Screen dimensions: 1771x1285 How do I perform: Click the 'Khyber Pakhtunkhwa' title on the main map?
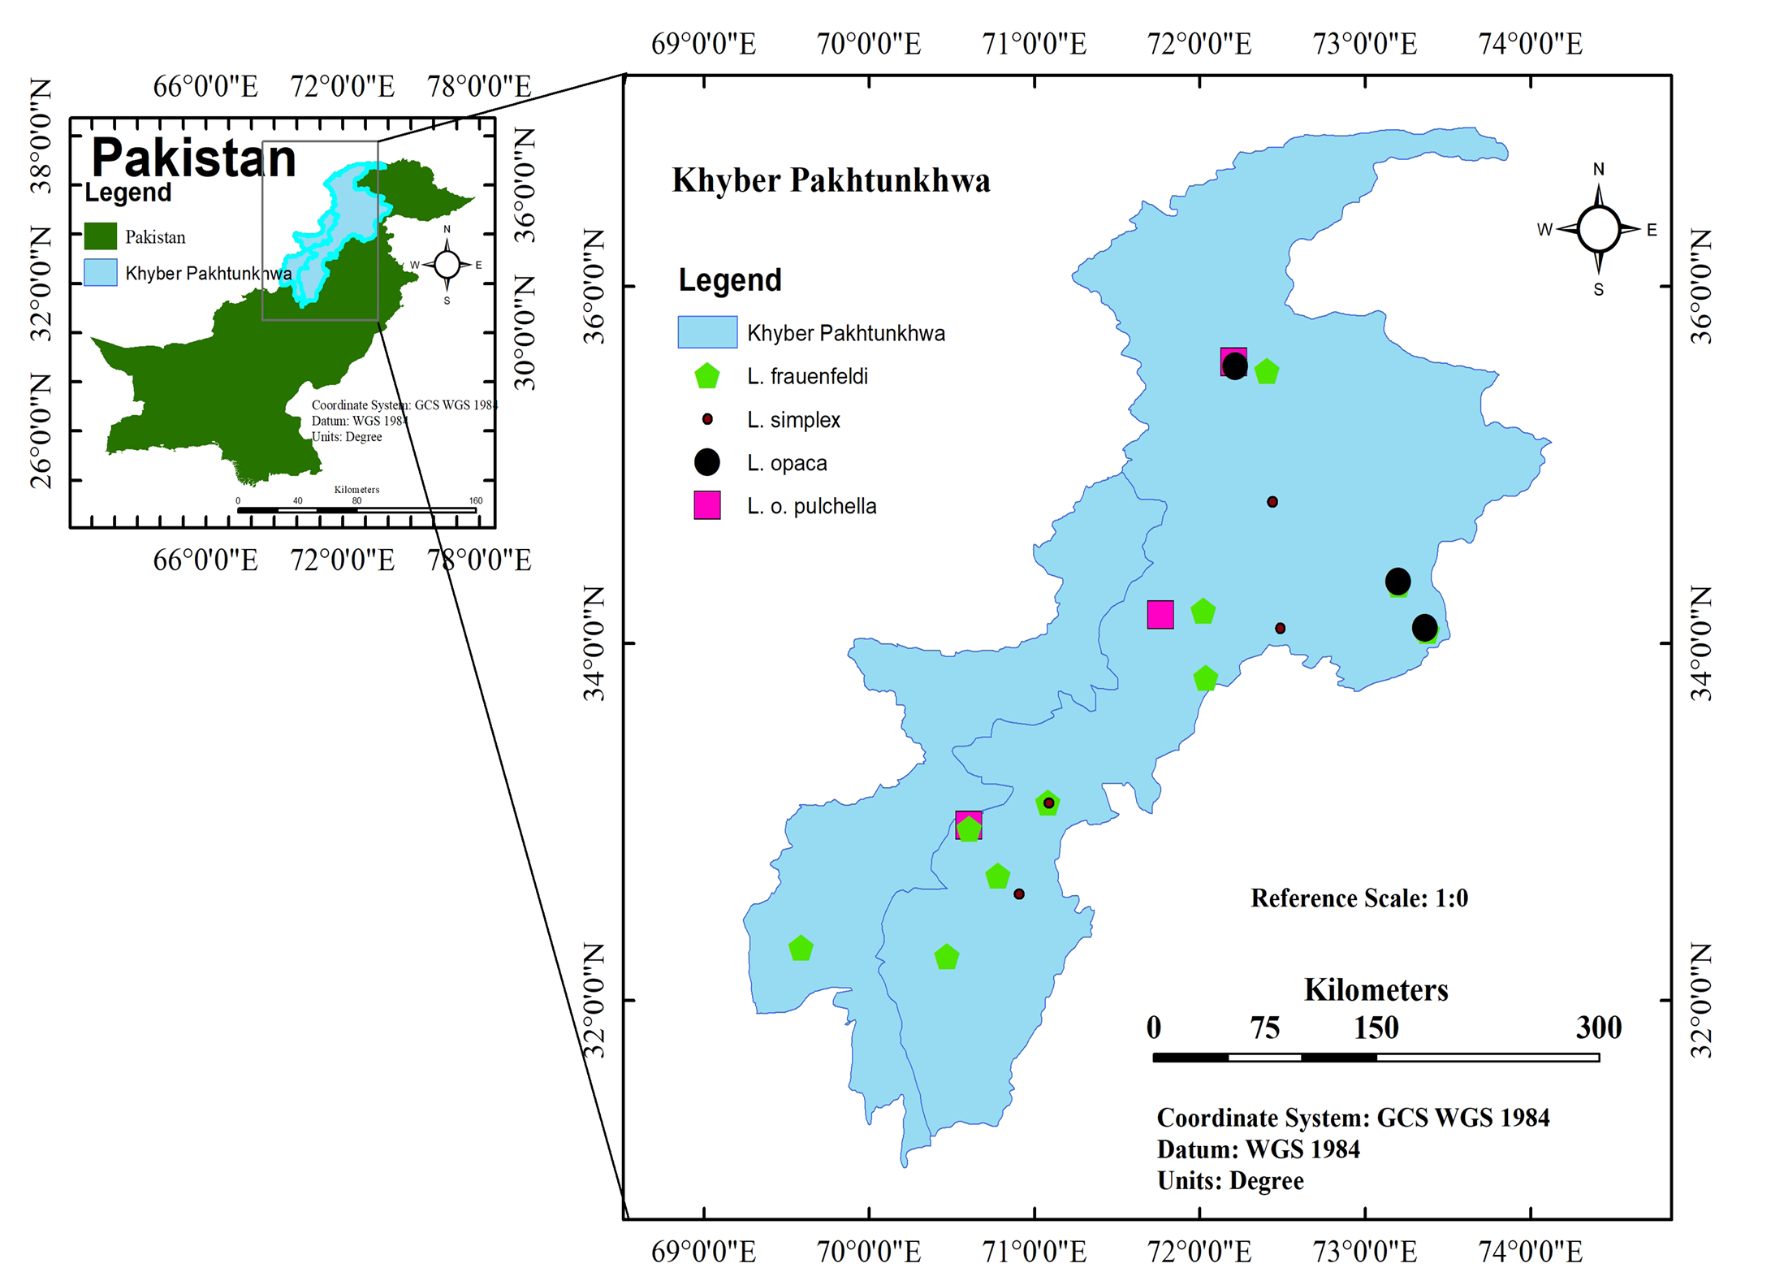click(x=831, y=181)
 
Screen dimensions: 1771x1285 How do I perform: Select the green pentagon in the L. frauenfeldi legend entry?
click(x=707, y=376)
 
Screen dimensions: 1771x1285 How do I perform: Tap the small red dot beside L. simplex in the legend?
click(x=707, y=419)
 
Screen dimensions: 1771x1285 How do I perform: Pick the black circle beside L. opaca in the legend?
click(x=707, y=462)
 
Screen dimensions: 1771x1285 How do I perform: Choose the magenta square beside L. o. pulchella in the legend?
click(x=707, y=505)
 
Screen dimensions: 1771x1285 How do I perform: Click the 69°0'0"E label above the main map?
click(x=704, y=44)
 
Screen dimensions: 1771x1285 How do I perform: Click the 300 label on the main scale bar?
click(x=1599, y=1028)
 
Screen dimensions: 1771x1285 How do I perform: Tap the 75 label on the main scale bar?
click(x=1265, y=1028)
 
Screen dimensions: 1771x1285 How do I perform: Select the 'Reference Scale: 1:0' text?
click(x=1359, y=898)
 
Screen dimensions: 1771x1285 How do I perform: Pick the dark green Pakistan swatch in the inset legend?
click(x=101, y=236)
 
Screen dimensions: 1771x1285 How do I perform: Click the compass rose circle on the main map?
click(x=1599, y=229)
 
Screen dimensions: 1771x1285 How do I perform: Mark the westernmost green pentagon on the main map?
click(x=801, y=948)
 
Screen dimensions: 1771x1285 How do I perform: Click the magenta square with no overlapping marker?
click(x=1160, y=615)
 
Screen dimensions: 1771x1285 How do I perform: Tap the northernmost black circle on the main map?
click(x=1235, y=366)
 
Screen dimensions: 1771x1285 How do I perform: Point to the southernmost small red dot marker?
click(x=1019, y=894)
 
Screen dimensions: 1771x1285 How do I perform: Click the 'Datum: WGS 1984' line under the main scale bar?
click(x=1258, y=1149)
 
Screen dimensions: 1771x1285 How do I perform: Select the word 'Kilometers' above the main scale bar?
click(x=1376, y=990)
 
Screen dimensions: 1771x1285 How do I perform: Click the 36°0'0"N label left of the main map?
click(x=595, y=287)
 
